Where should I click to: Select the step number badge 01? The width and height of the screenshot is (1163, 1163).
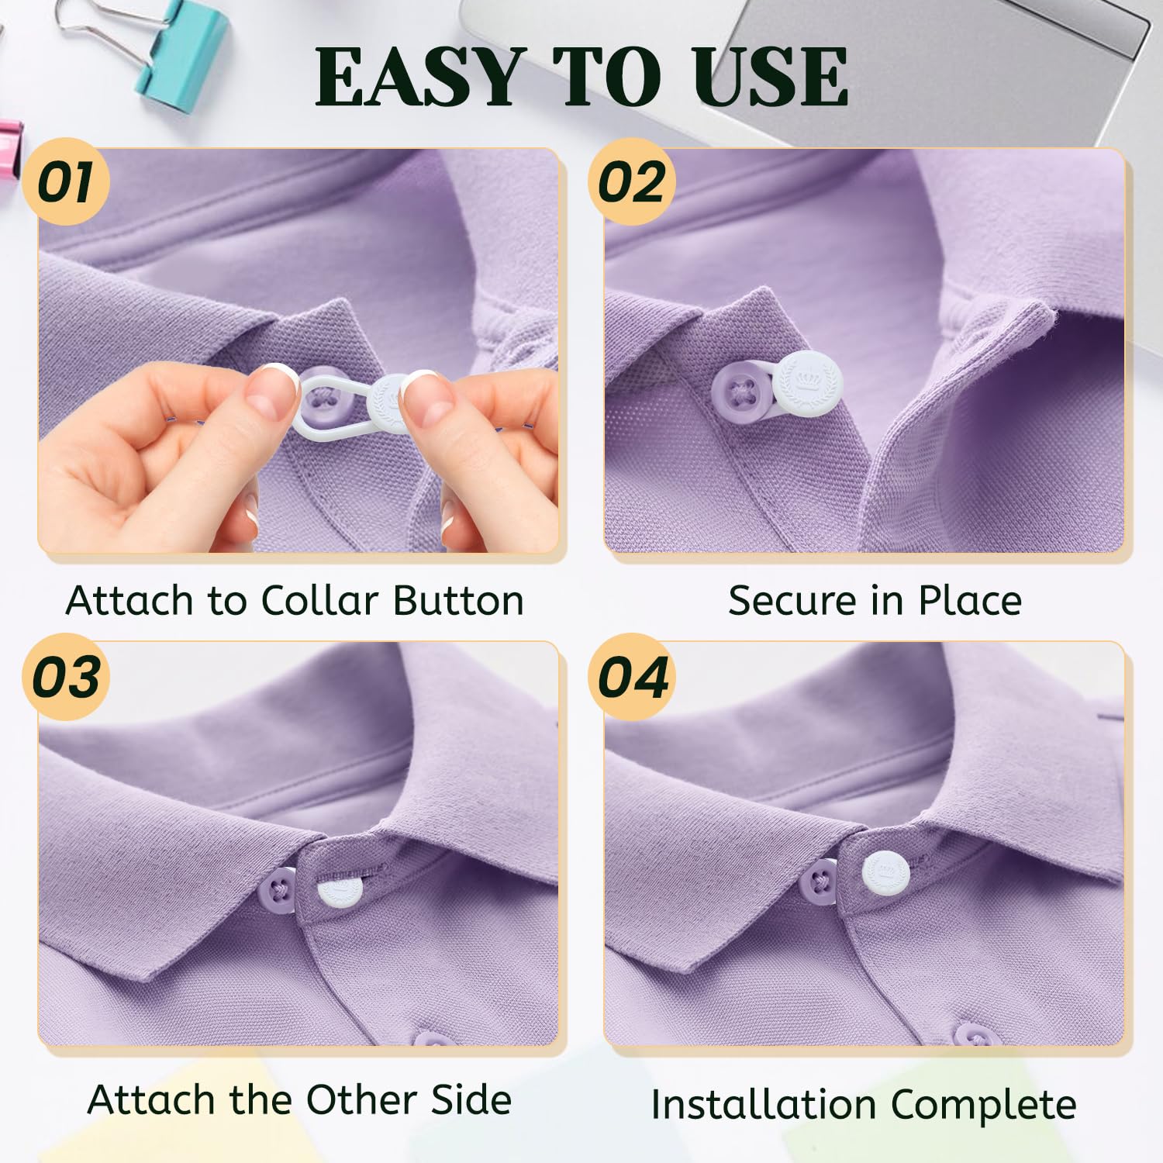(67, 181)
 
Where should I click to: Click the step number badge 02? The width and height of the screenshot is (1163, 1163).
(632, 181)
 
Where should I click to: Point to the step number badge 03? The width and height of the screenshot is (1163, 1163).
(67, 676)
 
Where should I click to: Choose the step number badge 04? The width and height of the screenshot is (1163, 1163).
(632, 676)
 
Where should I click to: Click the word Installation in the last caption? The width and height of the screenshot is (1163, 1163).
(764, 1104)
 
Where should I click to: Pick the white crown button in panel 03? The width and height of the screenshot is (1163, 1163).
(340, 889)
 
